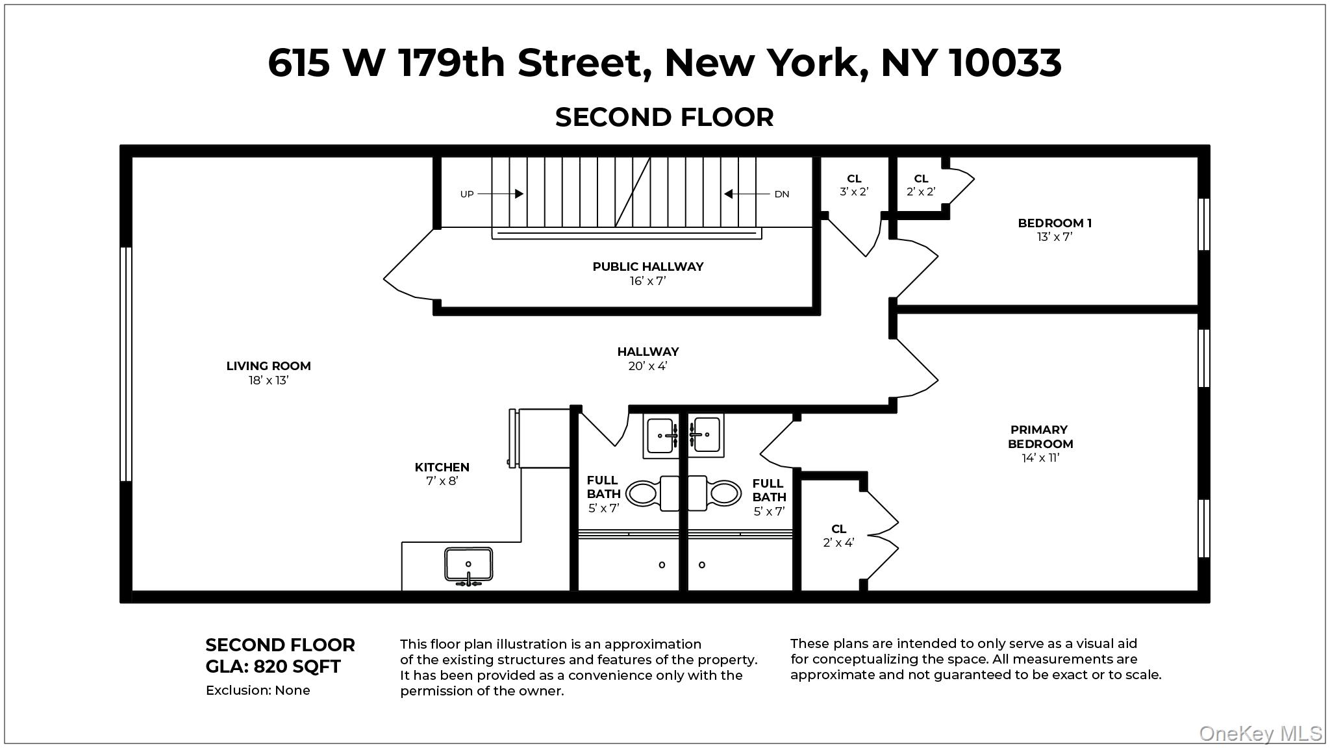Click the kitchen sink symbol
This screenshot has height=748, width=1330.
[468, 565]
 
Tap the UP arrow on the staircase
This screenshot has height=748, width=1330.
[501, 193]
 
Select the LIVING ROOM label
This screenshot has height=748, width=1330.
[268, 366]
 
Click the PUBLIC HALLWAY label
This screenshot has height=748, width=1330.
[647, 267]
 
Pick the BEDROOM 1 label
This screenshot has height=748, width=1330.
[1055, 223]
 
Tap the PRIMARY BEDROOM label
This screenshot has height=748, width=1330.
[1040, 437]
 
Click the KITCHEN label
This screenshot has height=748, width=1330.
[442, 467]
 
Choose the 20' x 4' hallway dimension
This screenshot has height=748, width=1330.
[647, 366]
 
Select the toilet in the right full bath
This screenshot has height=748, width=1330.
[715, 493]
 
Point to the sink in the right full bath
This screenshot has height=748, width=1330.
[706, 434]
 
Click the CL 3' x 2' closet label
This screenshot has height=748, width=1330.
[854, 185]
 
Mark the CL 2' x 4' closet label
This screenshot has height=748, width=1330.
[838, 536]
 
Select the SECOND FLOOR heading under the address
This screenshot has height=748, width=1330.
[664, 118]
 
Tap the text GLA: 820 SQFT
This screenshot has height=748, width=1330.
[273, 667]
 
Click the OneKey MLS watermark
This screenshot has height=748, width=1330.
[1260, 734]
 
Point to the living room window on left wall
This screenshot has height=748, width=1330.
[127, 364]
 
